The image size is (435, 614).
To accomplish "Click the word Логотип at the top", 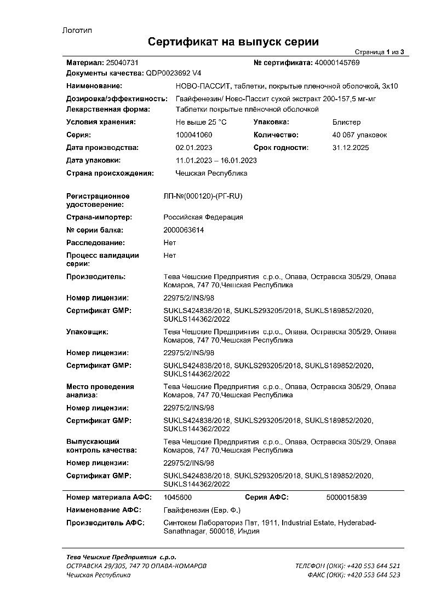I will coord(77,31).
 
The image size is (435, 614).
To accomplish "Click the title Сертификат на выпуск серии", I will coord(233,42).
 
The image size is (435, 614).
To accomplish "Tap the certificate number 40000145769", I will coord(337,63).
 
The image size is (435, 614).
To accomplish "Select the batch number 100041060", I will coord(193,135).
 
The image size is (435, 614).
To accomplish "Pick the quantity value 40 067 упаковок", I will coord(359,135).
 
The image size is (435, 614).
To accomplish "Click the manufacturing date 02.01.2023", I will coord(193,148).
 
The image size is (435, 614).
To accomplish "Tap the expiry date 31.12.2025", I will coord(351,148).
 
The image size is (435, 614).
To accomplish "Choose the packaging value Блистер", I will coord(346,122).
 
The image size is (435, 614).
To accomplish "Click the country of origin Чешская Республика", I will coord(211,173).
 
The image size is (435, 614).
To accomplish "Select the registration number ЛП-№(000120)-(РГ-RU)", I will coord(203,196).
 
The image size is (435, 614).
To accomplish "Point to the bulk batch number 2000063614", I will coord(184,230).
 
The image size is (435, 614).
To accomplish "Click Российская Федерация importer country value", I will coord(203,217).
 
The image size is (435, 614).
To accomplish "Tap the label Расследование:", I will coord(95,242).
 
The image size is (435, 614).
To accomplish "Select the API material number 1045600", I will coord(178,497).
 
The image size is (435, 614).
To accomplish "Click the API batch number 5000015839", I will coord(346,497).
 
